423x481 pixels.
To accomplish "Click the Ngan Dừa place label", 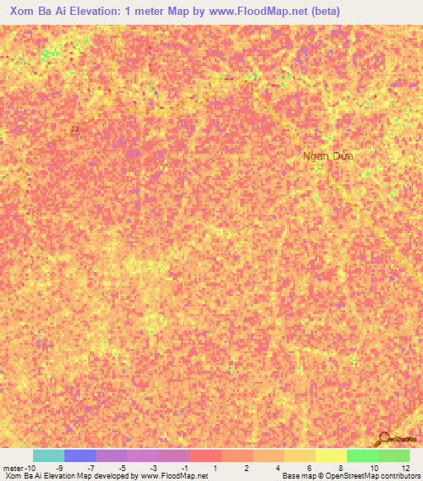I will (328, 156).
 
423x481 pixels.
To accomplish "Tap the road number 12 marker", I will (75, 129).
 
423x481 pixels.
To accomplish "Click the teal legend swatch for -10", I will (48, 455).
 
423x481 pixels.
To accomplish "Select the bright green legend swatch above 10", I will (362, 455).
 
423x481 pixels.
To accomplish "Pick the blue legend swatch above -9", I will (79, 455).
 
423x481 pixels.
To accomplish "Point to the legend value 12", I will (404, 469).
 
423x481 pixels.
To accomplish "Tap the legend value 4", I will (278, 469).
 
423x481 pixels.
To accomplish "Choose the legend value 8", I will (340, 469).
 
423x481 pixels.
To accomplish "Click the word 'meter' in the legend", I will (14, 469).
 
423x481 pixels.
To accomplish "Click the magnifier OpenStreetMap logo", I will (384, 438).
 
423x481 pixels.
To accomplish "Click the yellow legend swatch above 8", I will (330, 455).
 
